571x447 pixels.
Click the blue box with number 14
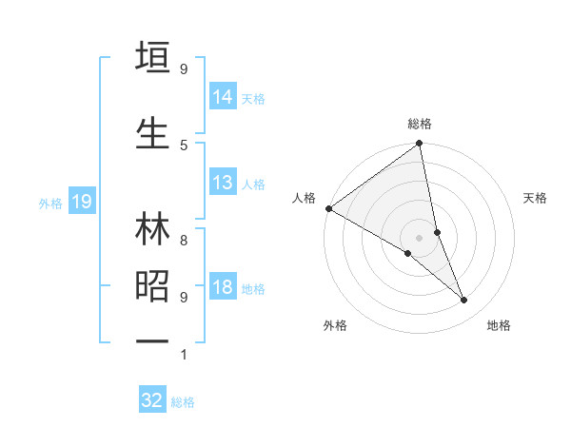(x=223, y=96)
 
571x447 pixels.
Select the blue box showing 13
(x=223, y=183)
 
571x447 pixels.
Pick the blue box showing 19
(x=81, y=202)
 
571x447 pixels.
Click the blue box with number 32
(x=152, y=400)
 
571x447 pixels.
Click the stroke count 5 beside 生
(x=184, y=145)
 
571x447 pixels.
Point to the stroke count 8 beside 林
(x=184, y=229)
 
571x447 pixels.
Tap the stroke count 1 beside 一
(x=184, y=355)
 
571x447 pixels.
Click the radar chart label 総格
(x=420, y=124)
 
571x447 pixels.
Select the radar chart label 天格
(x=536, y=198)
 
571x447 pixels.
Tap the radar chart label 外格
(x=335, y=325)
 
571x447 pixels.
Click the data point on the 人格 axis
(x=328, y=207)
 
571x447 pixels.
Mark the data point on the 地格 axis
(x=464, y=300)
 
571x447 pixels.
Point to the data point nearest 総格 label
(x=420, y=145)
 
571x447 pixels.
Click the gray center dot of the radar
(x=420, y=237)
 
